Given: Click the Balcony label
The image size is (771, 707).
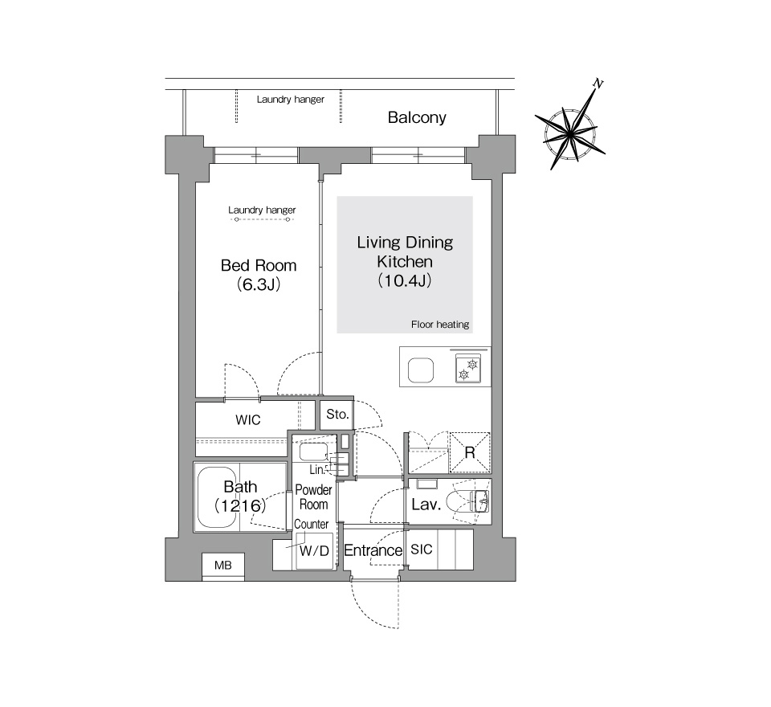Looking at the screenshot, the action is tap(417, 117).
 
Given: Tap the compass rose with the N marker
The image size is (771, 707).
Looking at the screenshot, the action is tap(570, 131).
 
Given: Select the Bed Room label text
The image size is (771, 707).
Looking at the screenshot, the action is tap(259, 266).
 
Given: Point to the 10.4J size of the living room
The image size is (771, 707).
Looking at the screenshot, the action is tap(404, 280).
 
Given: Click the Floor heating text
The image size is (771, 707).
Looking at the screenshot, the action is tap(440, 325).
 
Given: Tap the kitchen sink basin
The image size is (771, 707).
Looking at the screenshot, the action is tap(421, 370).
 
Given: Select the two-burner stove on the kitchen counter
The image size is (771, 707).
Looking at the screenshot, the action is tap(467, 370).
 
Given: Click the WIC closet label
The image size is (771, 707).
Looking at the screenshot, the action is tap(248, 420).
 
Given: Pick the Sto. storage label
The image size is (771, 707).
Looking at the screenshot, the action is tap(337, 415).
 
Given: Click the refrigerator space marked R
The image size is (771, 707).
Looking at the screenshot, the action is tap(470, 452).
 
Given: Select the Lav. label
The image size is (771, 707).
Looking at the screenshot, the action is tap(426, 505).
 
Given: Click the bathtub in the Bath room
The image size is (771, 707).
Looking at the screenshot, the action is tap(218, 497).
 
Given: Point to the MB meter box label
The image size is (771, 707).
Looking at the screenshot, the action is tap(222, 566).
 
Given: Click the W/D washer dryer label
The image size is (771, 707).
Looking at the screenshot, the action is tap(314, 551).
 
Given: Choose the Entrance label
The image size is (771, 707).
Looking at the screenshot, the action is tap(373, 550).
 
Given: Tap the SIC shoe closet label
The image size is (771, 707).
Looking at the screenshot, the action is tap(422, 550).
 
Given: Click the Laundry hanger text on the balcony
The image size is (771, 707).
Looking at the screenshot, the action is tap(291, 100).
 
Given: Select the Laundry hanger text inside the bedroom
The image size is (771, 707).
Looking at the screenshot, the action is tap(262, 210).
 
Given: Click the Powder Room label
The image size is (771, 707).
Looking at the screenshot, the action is tap(314, 497).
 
